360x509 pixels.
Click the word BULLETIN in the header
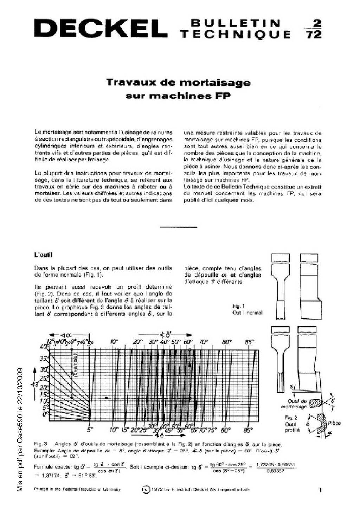coord(235,24)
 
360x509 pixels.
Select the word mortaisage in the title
coord(215,83)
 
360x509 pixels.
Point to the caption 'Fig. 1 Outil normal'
coord(247,309)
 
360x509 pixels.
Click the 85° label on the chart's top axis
coord(249,342)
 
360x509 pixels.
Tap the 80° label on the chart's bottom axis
coord(226,430)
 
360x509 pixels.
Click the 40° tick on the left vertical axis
coord(45,347)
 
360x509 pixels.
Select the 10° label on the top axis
coord(115,342)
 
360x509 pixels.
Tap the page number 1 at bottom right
coord(320,490)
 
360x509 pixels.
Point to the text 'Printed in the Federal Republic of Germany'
coord(77,489)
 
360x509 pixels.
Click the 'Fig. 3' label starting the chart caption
coord(41,444)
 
